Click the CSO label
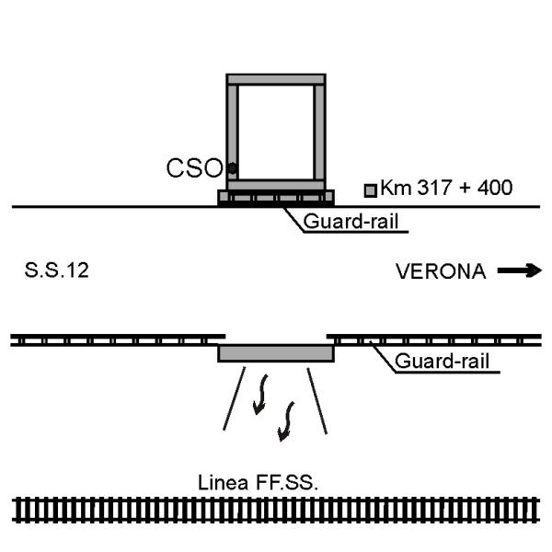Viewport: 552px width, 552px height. [x=193, y=168]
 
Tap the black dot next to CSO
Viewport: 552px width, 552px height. [x=232, y=168]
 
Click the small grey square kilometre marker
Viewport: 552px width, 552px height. [x=371, y=190]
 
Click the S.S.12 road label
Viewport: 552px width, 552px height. [x=51, y=272]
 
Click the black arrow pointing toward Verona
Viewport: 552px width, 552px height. [x=519, y=271]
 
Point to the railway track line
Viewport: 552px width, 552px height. [x=276, y=509]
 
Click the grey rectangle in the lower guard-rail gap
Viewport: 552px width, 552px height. [x=276, y=353]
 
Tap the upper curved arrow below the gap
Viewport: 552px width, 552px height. [x=261, y=390]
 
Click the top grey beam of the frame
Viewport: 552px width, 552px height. [x=276, y=79]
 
